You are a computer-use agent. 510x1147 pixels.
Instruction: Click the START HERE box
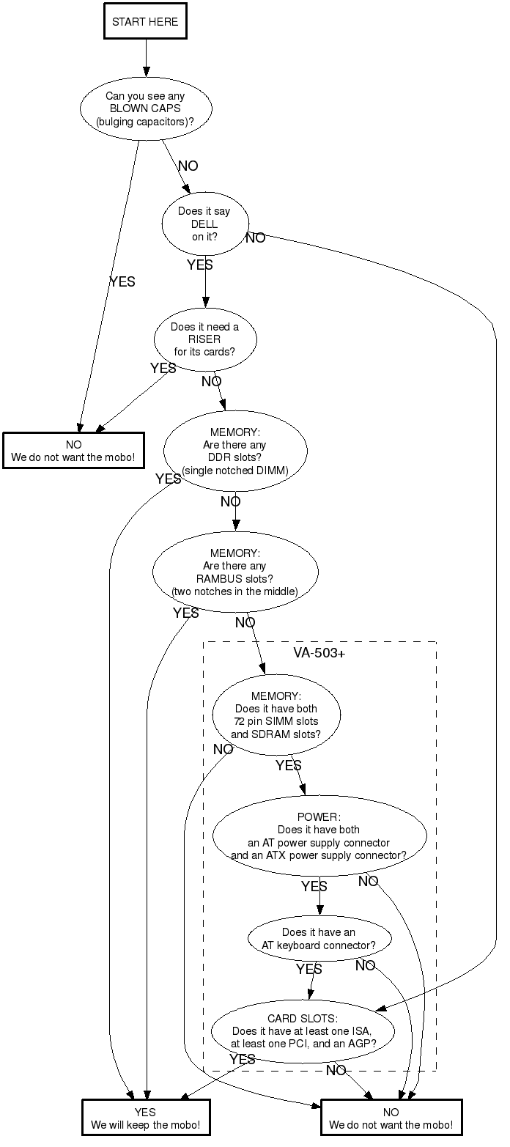point(145,22)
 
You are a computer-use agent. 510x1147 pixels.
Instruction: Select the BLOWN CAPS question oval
point(145,108)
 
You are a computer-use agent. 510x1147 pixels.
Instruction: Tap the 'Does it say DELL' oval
point(205,224)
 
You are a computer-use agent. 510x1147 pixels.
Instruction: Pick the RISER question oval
point(205,339)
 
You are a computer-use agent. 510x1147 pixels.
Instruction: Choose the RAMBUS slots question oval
point(235,572)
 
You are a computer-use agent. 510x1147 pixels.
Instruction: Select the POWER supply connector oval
point(319,836)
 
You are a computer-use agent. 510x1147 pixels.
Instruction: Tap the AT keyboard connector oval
point(319,939)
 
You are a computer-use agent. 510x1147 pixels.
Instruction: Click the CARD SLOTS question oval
point(303,1031)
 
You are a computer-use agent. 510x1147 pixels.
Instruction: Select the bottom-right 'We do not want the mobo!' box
point(391,1118)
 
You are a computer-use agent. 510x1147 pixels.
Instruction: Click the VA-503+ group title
point(319,653)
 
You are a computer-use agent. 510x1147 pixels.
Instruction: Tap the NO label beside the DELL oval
point(256,238)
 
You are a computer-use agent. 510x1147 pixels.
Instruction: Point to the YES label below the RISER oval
point(163,368)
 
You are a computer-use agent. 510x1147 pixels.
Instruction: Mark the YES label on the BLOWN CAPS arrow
point(122,281)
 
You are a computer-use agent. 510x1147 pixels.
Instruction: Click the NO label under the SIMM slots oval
point(223,749)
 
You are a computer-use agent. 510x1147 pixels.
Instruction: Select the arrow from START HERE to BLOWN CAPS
point(145,57)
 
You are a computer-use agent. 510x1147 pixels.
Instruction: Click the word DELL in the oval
point(205,224)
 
